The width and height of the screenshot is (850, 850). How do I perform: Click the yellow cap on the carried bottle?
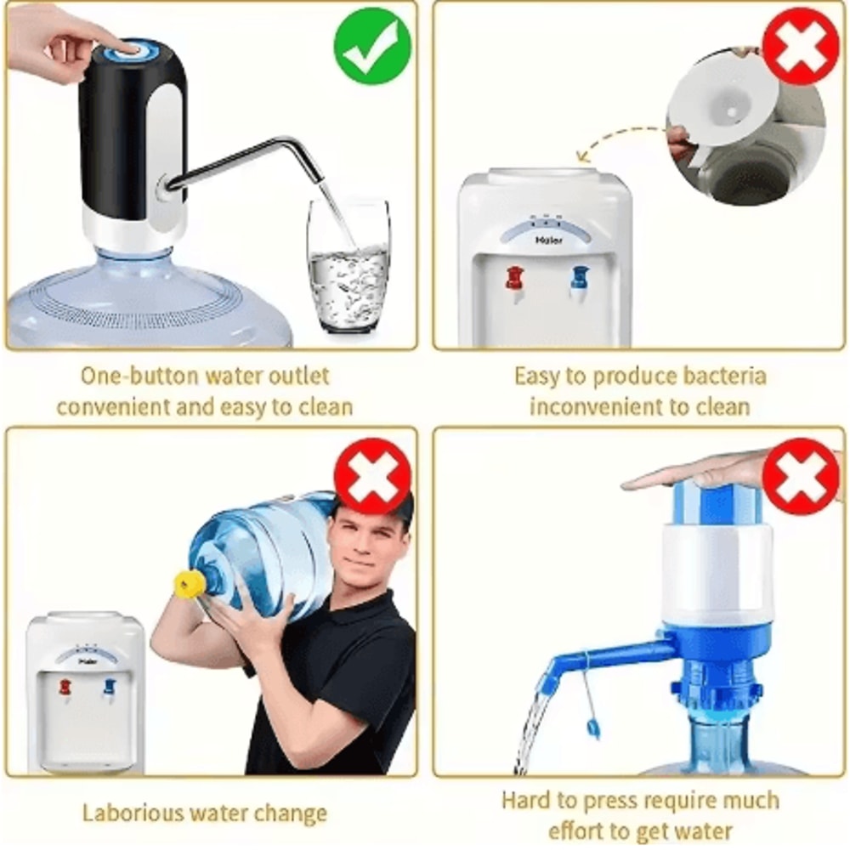point(190,584)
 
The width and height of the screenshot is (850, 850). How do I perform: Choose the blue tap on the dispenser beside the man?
point(109,685)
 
